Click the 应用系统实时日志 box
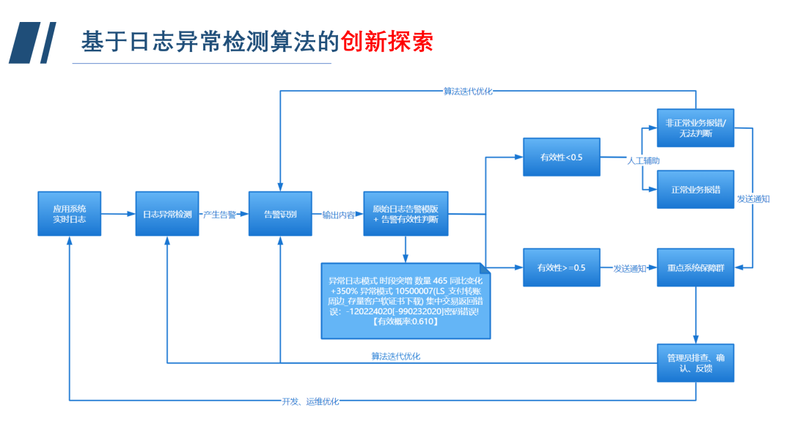coord(70,214)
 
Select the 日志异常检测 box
coord(167,214)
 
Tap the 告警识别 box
coord(280,214)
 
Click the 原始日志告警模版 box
coord(406,214)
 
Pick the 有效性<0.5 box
coord(561,157)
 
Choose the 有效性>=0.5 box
coord(561,268)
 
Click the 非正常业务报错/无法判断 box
coord(695,128)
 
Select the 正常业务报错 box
coord(695,189)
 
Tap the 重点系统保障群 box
coord(695,268)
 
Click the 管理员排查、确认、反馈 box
coord(695,363)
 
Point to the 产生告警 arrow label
coord(219,215)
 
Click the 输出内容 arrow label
coord(338,215)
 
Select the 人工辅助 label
coord(642,160)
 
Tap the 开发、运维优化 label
coord(310,401)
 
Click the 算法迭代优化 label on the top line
coord(468,92)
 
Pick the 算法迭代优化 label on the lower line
coord(396,357)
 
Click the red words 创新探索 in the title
coord(387,41)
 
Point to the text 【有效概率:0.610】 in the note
coord(405,322)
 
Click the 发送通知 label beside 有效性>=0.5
coord(629,269)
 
